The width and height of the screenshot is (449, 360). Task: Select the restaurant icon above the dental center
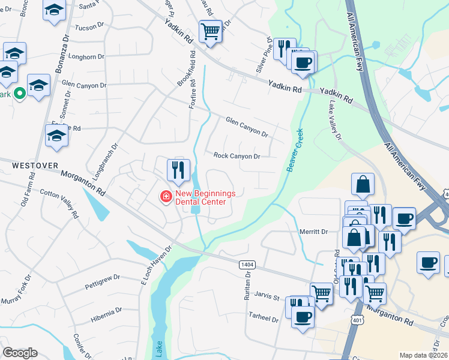click(x=178, y=170)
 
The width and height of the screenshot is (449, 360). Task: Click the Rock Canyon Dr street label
click(x=237, y=156)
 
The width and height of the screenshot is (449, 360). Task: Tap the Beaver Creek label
click(x=296, y=151)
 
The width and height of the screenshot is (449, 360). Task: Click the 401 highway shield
click(x=357, y=320)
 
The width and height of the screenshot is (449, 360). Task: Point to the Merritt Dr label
click(x=313, y=232)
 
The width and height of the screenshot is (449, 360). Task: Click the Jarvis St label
click(x=268, y=297)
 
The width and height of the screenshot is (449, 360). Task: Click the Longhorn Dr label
click(x=87, y=57)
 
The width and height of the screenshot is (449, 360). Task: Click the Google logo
click(x=20, y=353)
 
